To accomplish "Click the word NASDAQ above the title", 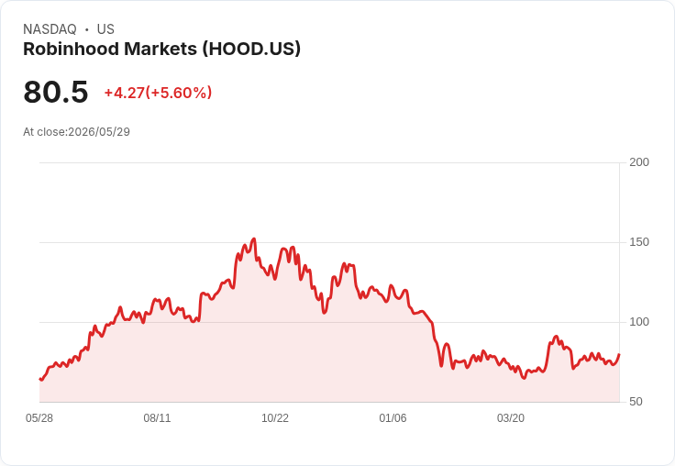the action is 50,29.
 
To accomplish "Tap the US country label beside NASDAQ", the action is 105,29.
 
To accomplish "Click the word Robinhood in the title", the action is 71,49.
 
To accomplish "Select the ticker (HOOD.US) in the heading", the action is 251,49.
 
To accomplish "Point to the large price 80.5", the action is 56,92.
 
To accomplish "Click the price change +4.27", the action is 125,93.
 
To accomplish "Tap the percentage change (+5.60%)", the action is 179,93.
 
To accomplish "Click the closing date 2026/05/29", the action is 99,132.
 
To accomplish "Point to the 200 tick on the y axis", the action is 639,162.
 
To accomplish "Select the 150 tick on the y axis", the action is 639,242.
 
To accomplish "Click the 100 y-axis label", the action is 639,322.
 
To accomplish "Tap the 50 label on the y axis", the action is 636,402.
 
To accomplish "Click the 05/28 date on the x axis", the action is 39,418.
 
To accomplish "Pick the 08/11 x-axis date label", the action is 157,418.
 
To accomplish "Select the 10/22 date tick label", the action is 275,418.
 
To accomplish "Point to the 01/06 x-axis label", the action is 393,418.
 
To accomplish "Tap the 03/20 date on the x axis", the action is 511,418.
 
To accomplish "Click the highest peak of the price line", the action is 254,239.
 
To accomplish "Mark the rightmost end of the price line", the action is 619,354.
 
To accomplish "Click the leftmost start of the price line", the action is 39,379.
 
